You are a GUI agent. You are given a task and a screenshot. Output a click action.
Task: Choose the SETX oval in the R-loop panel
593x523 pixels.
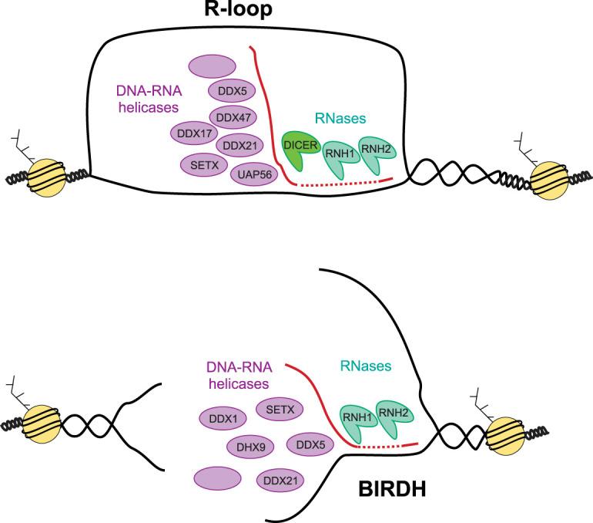203,164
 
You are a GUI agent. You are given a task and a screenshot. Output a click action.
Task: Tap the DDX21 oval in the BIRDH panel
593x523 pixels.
280,481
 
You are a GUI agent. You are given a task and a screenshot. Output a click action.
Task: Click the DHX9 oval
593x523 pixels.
249,446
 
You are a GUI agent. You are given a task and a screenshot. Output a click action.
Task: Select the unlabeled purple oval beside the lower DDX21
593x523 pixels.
219,477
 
